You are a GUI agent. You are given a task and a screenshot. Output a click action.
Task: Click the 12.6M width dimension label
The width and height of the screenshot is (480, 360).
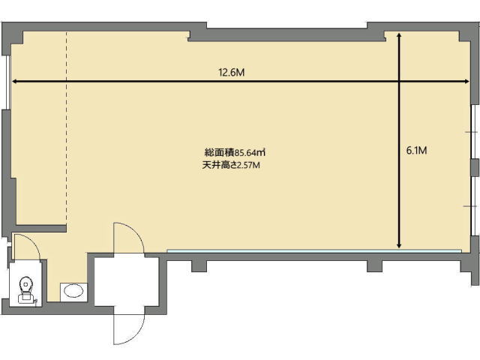coord(232,73)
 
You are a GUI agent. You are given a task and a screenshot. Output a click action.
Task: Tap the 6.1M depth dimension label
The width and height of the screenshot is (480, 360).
coord(416,150)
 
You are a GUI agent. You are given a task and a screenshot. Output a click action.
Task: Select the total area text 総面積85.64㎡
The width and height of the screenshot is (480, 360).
coord(235,152)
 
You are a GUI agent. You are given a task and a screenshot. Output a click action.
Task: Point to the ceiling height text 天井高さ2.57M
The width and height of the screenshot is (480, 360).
coord(231,165)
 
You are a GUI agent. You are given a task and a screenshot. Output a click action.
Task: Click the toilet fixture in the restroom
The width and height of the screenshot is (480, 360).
coord(25,290)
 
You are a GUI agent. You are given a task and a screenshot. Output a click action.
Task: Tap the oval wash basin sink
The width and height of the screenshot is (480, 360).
coord(73,290)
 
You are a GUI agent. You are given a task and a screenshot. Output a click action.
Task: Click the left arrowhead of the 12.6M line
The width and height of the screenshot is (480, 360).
coord(14,82)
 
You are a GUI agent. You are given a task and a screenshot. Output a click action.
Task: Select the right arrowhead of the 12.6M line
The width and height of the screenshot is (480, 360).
coord(466,82)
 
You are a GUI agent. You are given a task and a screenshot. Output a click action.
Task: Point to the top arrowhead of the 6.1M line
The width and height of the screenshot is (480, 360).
coord(399,35)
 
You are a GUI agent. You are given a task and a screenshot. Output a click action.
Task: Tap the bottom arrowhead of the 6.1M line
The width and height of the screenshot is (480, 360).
coord(399,245)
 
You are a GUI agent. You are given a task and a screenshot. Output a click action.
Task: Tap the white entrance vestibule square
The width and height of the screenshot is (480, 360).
coord(127,282)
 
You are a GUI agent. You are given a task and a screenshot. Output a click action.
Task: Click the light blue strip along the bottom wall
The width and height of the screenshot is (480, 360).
coord(314,251)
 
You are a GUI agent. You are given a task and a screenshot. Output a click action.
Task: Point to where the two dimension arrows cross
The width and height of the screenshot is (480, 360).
coord(399,82)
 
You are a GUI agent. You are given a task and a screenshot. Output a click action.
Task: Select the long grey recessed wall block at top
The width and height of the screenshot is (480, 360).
coord(286,34)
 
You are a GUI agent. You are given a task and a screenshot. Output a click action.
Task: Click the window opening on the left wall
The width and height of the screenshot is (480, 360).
coord(8,82)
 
